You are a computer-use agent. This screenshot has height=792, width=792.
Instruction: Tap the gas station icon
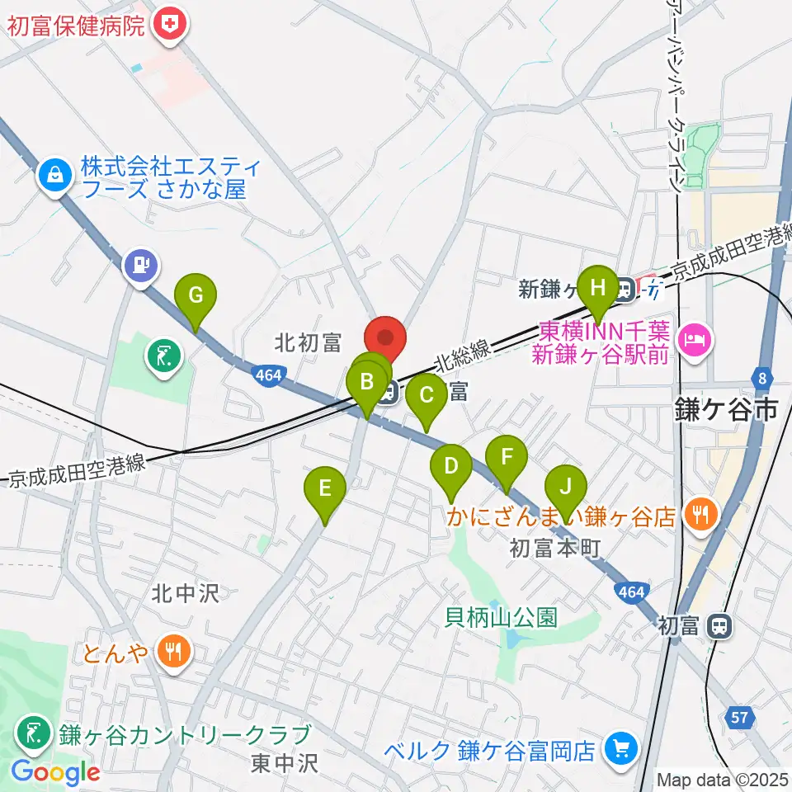pyautogui.click(x=140, y=266)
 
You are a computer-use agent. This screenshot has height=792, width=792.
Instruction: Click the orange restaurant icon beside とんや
pyautogui.click(x=174, y=652)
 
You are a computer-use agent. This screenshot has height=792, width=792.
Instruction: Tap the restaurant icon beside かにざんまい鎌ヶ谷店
pyautogui.click(x=701, y=516)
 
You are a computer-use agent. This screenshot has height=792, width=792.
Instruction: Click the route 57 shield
pyautogui.click(x=742, y=718)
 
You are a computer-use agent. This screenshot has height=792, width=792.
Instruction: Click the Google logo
pyautogui.click(x=56, y=772)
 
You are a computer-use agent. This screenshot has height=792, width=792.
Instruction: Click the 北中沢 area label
pyautogui.click(x=185, y=593)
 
